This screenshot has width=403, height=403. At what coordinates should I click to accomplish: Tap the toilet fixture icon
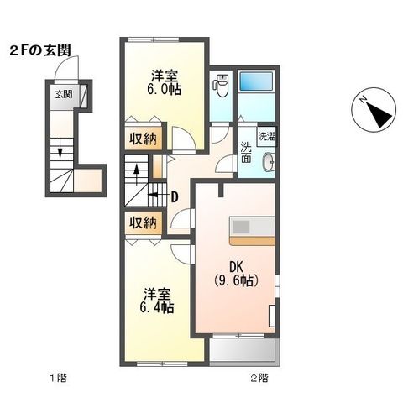pos(222,84)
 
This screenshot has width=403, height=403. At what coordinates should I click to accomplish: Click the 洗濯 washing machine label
pos(266,136)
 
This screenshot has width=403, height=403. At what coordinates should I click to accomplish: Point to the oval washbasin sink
pos(268,163)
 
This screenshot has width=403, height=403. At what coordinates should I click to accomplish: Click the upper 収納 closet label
pos(142,139)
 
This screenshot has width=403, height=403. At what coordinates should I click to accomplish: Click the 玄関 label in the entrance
pos(64,92)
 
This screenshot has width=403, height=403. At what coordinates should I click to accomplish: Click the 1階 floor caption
pos(57,379)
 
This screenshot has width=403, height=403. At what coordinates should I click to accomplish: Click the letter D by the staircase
pos(174,198)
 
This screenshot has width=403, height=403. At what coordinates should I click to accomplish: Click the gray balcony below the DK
pos(242,351)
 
